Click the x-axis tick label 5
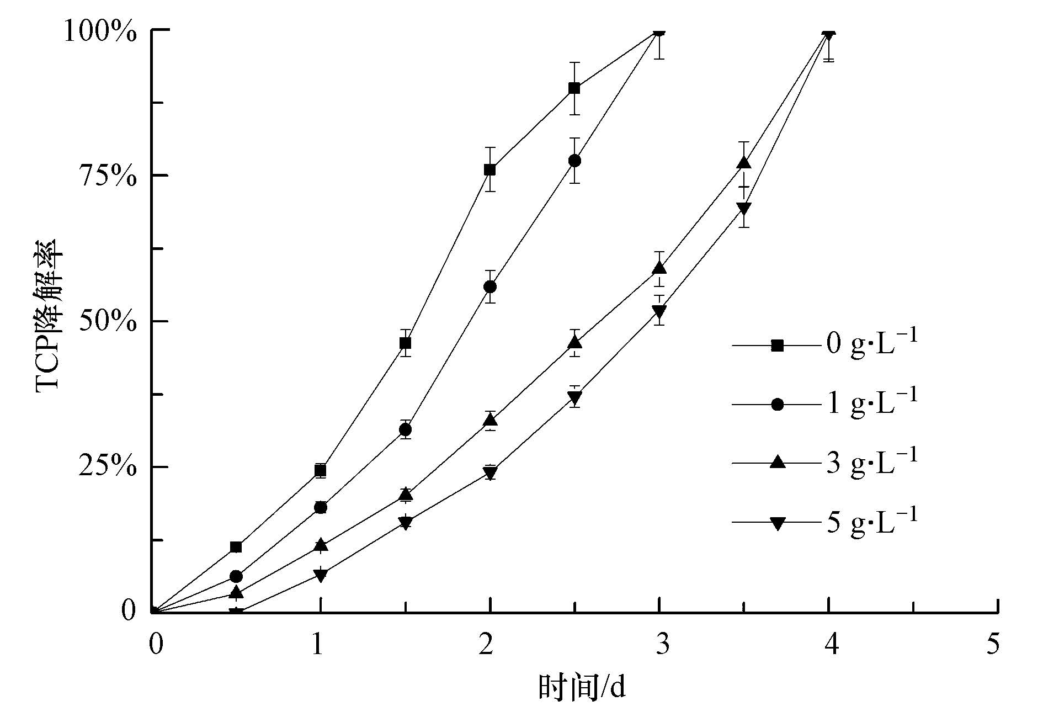pyautogui.click(x=993, y=644)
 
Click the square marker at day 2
pyautogui.click(x=489, y=169)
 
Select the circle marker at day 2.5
pyautogui.click(x=574, y=161)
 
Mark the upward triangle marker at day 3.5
pyautogui.click(x=744, y=163)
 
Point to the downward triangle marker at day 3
pyautogui.click(x=659, y=311)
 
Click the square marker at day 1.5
pyautogui.click(x=405, y=343)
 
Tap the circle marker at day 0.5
pyautogui.click(x=236, y=576)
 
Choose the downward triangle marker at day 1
pyautogui.click(x=321, y=575)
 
